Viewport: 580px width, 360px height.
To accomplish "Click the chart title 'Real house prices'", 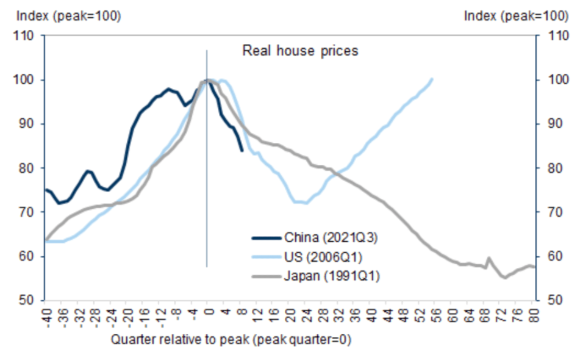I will [300, 51].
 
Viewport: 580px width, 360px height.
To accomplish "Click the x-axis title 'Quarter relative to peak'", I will [231, 339].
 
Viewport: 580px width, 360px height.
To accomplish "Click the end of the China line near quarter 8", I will [242, 150].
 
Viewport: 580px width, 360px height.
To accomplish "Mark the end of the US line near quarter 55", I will [432, 79].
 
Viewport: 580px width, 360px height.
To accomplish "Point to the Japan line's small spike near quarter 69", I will [489, 258].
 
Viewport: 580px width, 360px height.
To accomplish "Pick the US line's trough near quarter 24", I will [306, 203].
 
